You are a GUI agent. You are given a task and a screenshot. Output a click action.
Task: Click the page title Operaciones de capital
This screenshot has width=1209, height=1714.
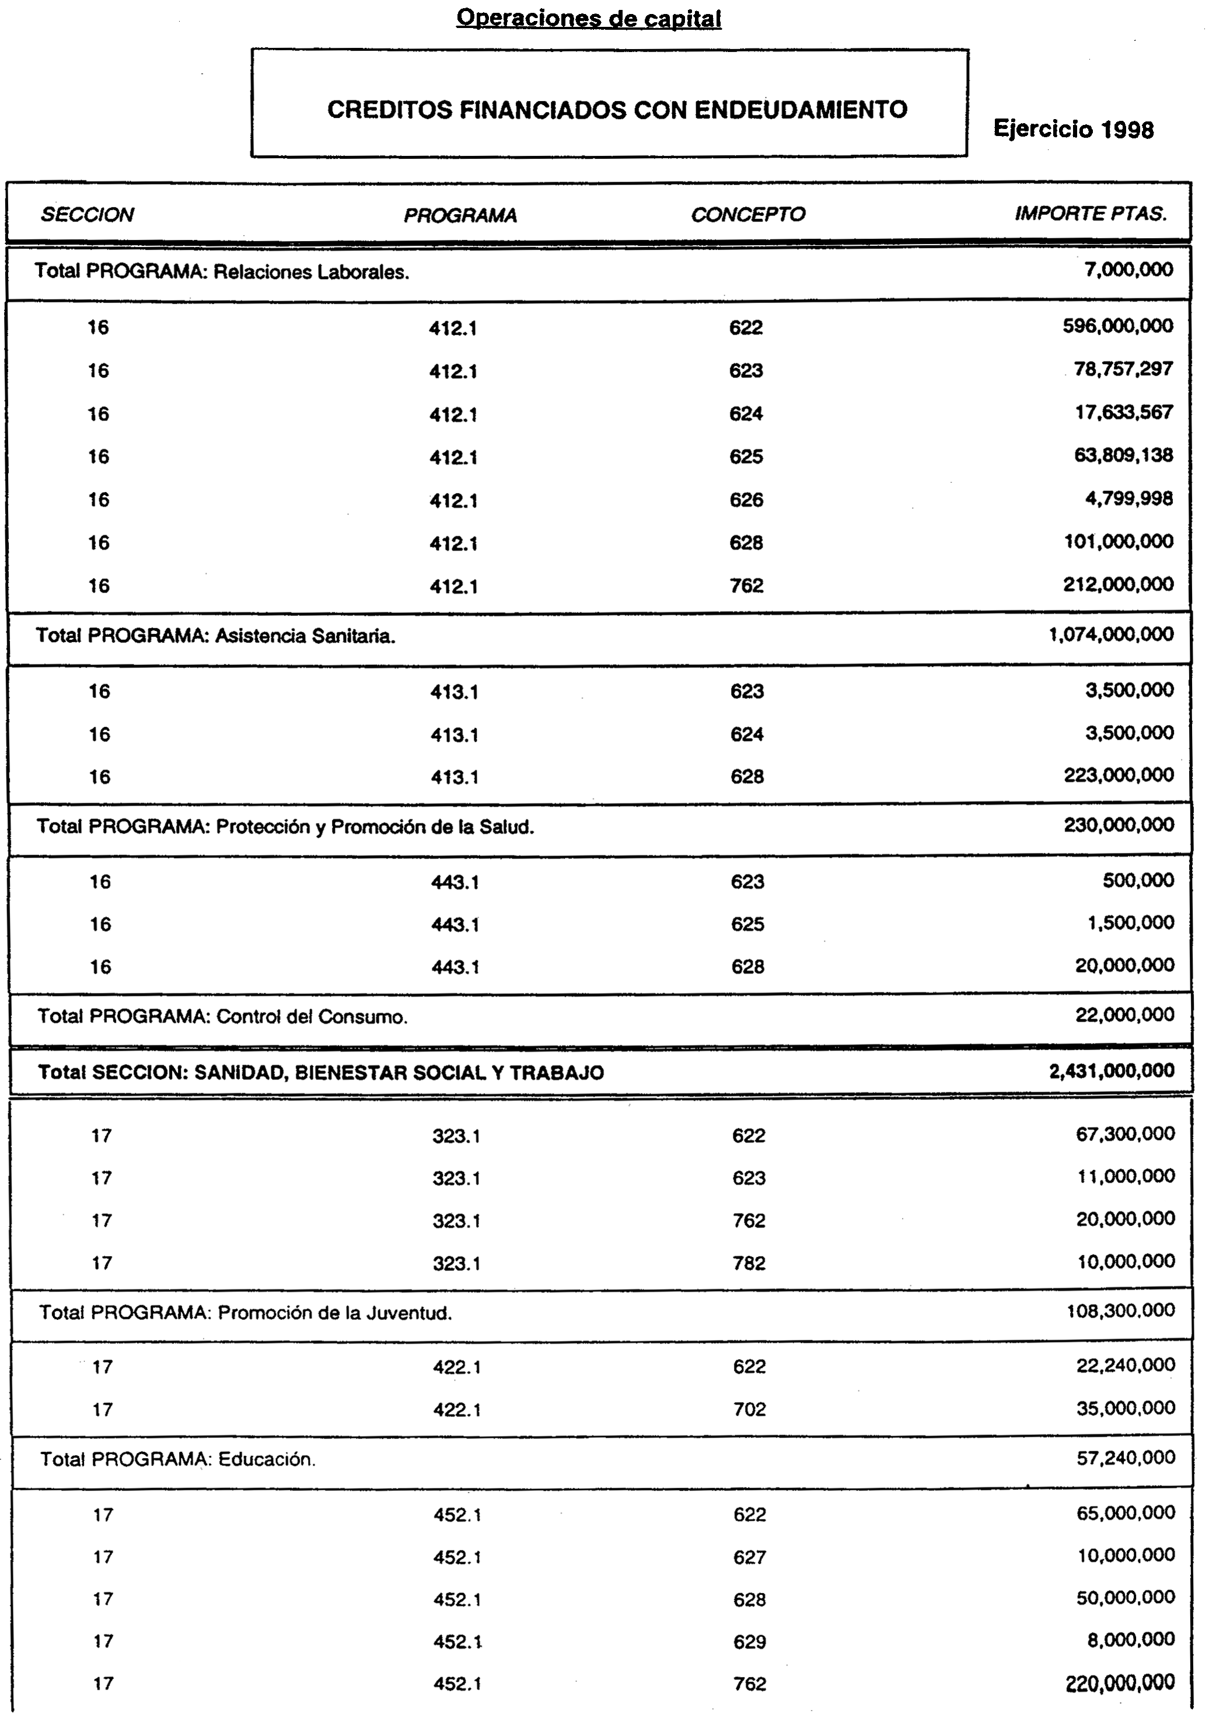589,18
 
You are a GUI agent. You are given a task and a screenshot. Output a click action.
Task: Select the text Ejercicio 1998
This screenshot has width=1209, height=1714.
1073,129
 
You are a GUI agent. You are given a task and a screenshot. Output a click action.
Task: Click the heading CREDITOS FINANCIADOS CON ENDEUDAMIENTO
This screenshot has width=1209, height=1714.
617,110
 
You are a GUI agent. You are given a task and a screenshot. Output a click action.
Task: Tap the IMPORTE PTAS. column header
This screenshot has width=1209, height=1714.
1091,214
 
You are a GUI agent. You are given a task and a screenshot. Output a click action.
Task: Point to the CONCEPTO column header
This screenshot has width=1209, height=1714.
748,215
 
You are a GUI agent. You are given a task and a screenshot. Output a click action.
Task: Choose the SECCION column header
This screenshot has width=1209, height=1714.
88,215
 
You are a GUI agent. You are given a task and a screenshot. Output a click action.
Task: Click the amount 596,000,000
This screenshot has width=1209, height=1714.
1118,326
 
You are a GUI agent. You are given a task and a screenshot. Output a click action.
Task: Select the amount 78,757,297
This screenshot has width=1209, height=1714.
1123,369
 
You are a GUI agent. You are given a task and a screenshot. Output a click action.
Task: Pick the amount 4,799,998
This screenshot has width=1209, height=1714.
1128,499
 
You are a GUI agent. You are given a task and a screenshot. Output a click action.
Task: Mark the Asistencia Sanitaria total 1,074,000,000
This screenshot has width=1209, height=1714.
1110,635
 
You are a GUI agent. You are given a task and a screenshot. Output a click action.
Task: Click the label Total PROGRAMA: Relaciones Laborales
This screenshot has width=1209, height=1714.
222,271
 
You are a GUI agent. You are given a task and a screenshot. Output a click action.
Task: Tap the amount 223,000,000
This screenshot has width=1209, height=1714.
1119,776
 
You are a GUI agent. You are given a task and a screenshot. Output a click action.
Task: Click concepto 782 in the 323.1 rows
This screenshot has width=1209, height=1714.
749,1263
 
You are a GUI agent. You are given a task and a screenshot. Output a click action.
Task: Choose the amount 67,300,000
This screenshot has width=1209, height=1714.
1124,1134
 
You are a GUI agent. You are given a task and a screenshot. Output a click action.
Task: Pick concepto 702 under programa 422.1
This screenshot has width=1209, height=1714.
749,1409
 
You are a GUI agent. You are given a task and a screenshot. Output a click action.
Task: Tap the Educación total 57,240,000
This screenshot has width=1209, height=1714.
1126,1458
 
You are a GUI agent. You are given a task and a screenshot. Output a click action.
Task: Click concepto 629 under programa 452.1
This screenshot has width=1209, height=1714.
749,1642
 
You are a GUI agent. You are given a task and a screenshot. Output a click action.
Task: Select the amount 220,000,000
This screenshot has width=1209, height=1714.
1120,1682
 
